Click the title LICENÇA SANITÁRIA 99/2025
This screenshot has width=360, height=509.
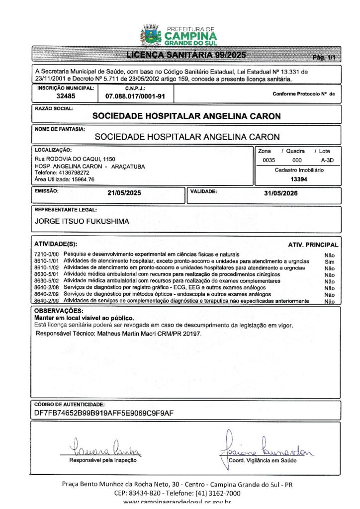pos(185,55)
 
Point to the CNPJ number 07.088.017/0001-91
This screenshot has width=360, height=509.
pos(135,96)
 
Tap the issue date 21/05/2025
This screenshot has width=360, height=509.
pos(124,194)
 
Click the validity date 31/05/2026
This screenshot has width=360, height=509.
pos(281,194)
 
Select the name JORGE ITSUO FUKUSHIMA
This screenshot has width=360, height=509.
pos(82,222)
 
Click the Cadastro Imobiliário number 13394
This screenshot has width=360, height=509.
pos(299,179)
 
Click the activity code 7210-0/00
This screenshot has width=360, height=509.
pos(47,254)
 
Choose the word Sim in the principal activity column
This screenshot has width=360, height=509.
pos(329,261)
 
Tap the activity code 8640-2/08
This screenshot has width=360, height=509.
pos(47,288)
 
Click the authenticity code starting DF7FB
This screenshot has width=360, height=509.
pos(104,413)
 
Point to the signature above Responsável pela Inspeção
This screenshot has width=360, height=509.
pos(104,449)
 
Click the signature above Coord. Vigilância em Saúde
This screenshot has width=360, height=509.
pos(266,447)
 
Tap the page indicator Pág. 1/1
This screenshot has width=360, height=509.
pos(324,58)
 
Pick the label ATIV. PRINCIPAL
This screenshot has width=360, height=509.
pos(313,245)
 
